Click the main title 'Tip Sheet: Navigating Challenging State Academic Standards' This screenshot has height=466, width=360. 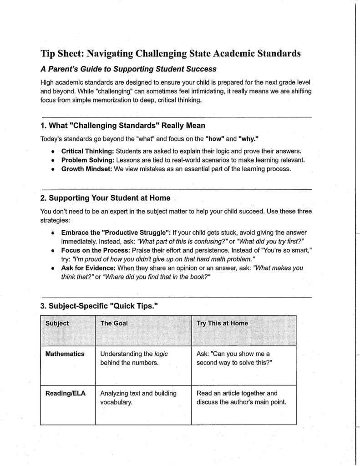point(171,53)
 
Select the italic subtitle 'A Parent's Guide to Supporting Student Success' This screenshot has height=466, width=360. point(128,70)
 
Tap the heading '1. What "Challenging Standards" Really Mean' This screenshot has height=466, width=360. point(123,126)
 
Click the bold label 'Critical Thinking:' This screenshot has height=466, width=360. point(88,151)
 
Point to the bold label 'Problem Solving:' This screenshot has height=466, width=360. point(88,160)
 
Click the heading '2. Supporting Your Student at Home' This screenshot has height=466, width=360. point(105,198)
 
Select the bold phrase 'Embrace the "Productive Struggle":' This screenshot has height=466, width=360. point(116,232)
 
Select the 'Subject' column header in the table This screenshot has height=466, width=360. point(57,323)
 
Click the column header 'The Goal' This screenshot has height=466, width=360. point(114,323)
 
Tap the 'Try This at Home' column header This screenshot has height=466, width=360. point(222,323)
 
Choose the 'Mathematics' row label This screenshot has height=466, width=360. point(65,354)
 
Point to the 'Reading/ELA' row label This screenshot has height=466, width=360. point(66,393)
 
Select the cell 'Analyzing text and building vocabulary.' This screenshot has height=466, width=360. point(137,398)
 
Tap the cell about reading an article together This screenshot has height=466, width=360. point(241,398)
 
